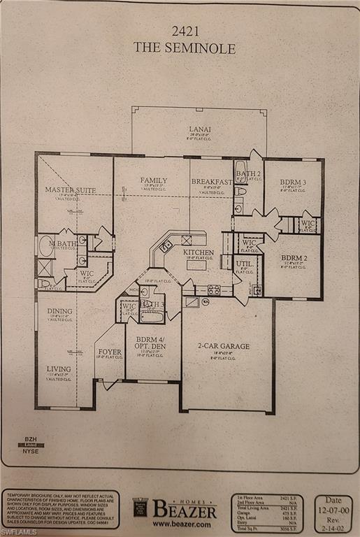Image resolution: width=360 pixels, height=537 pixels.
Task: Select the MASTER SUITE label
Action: coord(71,189)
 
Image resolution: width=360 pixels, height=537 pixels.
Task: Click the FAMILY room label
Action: coord(154,180)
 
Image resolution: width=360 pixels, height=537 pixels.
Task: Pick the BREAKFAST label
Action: coord(212,182)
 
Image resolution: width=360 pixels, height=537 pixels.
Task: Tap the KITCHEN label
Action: coord(198,252)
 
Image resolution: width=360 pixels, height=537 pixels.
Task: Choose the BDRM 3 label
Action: coord(294,182)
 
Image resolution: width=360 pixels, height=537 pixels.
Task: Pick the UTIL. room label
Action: coord(244,264)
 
